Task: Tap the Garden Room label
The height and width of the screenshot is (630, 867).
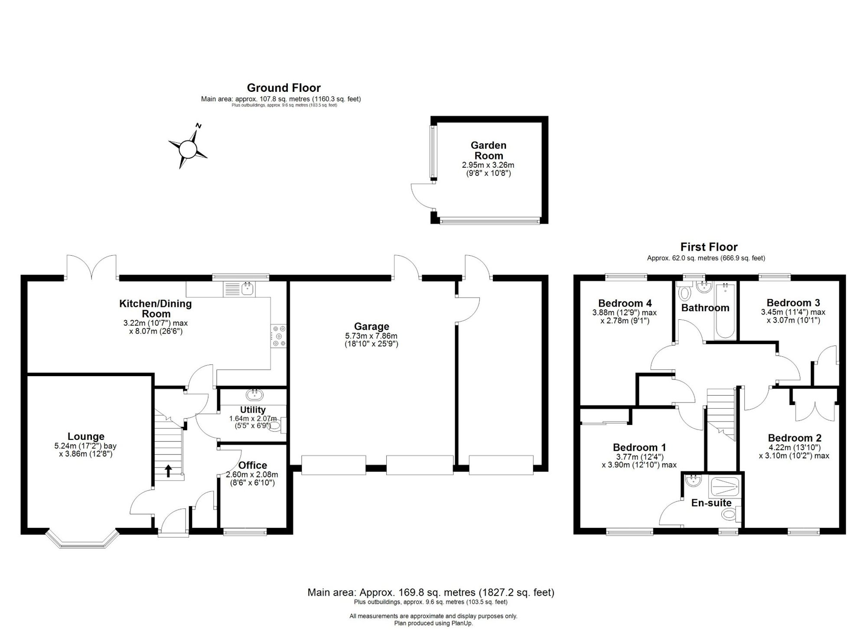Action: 489,150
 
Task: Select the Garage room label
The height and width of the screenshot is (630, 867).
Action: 372,326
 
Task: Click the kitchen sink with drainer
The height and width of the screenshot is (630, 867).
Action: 239,289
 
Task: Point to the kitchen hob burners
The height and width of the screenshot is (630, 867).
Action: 278,336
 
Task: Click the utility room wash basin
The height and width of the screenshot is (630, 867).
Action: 253,394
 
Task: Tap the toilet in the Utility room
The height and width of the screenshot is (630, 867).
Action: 277,425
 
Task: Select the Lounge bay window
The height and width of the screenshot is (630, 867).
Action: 82,539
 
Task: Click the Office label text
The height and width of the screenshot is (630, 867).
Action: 253,466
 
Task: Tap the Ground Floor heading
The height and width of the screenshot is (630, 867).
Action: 284,88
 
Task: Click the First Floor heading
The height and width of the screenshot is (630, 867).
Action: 709,247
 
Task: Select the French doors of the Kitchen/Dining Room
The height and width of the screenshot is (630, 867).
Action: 91,266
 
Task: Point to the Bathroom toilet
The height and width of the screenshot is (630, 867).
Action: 684,292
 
